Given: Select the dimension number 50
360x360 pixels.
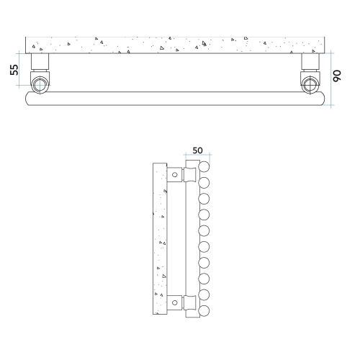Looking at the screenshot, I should click(197, 151).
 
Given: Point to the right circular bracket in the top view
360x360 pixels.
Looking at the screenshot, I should click(310, 83).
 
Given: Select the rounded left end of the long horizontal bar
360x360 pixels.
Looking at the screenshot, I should click(29, 98).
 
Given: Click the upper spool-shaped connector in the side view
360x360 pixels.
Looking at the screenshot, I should click(191, 175).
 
